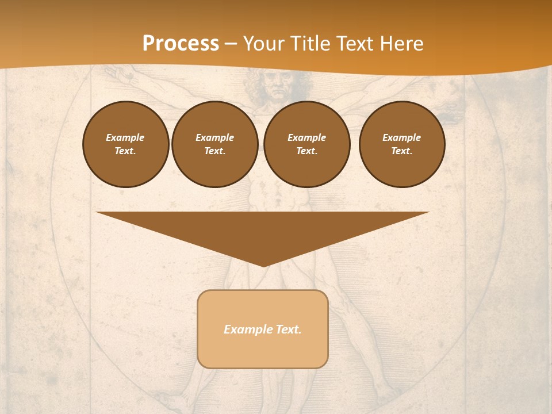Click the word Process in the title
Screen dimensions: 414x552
(181, 44)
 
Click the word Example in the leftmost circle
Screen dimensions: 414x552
(125, 137)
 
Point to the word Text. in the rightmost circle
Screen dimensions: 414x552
(402, 151)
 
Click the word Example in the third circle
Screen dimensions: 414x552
(307, 137)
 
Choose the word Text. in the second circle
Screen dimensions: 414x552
(215, 151)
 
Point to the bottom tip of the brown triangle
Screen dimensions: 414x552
(263, 265)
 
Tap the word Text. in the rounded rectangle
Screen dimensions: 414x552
(287, 329)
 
